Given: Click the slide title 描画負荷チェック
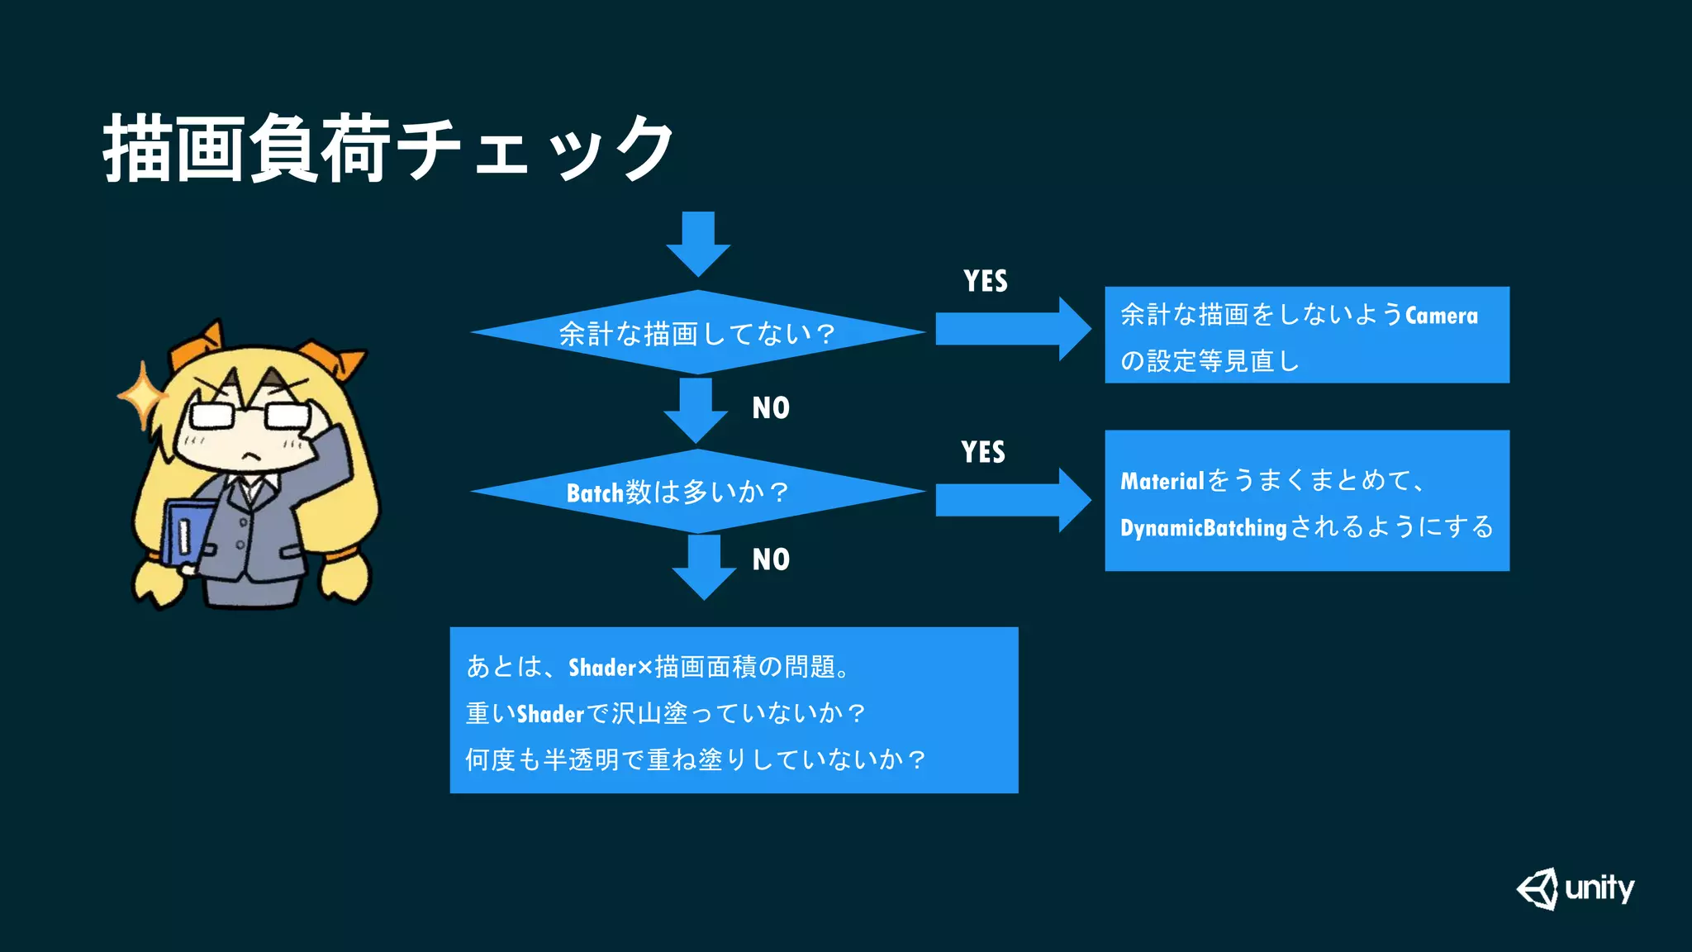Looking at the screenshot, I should tap(388, 149).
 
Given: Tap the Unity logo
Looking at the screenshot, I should tap(1575, 889).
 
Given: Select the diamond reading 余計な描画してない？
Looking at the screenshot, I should tap(697, 332).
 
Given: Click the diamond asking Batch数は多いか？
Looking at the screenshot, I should tap(697, 492).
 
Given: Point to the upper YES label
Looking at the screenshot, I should tap(985, 281).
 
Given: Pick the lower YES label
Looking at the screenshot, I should tap(982, 452).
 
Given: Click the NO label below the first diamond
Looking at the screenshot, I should tap(770, 407).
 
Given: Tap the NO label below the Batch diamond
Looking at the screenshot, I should tap(770, 559).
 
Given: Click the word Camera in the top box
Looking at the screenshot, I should tap(1441, 316).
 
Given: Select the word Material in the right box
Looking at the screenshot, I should tap(1162, 481).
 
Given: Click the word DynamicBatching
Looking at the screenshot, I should tap(1203, 527).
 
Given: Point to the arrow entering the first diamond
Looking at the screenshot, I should tap(698, 243).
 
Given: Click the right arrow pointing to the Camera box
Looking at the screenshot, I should tap(1012, 329).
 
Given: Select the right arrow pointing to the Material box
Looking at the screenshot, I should tap(1012, 499).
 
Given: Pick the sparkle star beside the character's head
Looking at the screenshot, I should tap(142, 395).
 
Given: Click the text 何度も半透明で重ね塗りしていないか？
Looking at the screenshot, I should tap(695, 759).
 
